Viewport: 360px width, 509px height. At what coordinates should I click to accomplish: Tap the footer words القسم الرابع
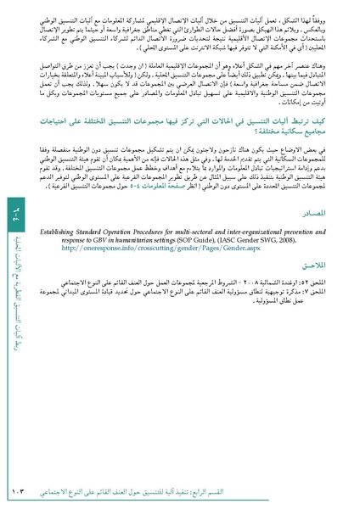point(313,490)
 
